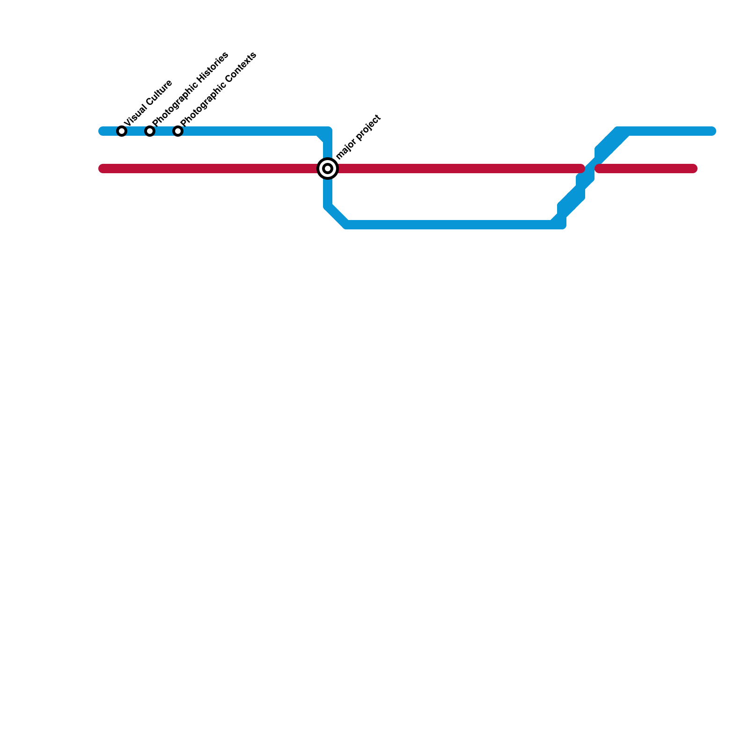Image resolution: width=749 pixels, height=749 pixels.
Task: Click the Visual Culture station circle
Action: click(x=122, y=131)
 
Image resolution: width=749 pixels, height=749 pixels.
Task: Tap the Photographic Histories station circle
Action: click(x=150, y=131)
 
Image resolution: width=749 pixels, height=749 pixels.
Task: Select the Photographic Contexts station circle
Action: click(x=178, y=131)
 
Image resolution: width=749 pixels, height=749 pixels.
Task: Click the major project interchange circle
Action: click(x=328, y=169)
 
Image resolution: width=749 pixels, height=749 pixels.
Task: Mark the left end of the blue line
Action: click(x=102, y=131)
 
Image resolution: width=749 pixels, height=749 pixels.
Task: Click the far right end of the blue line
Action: click(x=712, y=131)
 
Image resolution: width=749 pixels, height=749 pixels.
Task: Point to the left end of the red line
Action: click(x=102, y=169)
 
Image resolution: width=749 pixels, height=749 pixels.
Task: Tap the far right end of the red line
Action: click(x=694, y=169)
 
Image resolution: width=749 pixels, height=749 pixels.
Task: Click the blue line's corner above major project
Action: click(x=328, y=131)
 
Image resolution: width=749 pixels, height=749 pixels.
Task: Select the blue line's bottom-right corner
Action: click(x=562, y=225)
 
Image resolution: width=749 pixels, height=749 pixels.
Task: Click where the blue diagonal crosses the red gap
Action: click(x=590, y=169)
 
